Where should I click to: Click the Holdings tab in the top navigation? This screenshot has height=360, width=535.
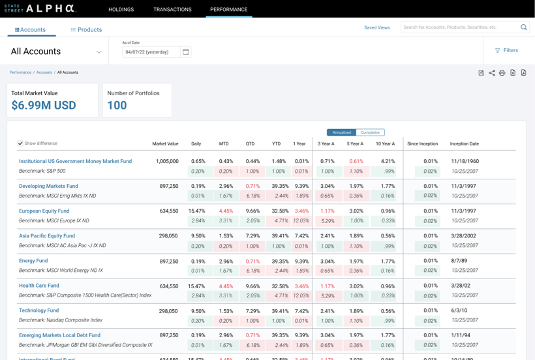121,10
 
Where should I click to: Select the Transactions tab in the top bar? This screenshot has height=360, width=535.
172,10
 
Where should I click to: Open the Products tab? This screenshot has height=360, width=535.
86,30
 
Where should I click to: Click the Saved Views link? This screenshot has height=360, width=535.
376,27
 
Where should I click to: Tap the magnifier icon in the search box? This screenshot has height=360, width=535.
523,27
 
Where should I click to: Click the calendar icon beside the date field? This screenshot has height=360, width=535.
186,52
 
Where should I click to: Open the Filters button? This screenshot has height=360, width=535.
506,50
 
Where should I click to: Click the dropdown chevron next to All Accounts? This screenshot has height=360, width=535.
99,52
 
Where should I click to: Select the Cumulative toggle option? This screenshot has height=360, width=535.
370,132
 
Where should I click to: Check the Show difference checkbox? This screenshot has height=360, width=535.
20,143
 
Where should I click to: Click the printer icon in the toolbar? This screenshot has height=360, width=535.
502,73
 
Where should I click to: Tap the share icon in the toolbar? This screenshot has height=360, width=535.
492,73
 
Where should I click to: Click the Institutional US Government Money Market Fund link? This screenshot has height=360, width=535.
75,161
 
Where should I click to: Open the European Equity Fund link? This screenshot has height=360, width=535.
44,211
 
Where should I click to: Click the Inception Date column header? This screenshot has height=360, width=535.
464,143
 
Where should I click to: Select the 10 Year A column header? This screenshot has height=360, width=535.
385,143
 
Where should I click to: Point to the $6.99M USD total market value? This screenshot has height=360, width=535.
44,106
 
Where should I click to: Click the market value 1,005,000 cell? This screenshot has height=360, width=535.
167,161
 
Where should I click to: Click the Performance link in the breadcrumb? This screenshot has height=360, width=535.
20,72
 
